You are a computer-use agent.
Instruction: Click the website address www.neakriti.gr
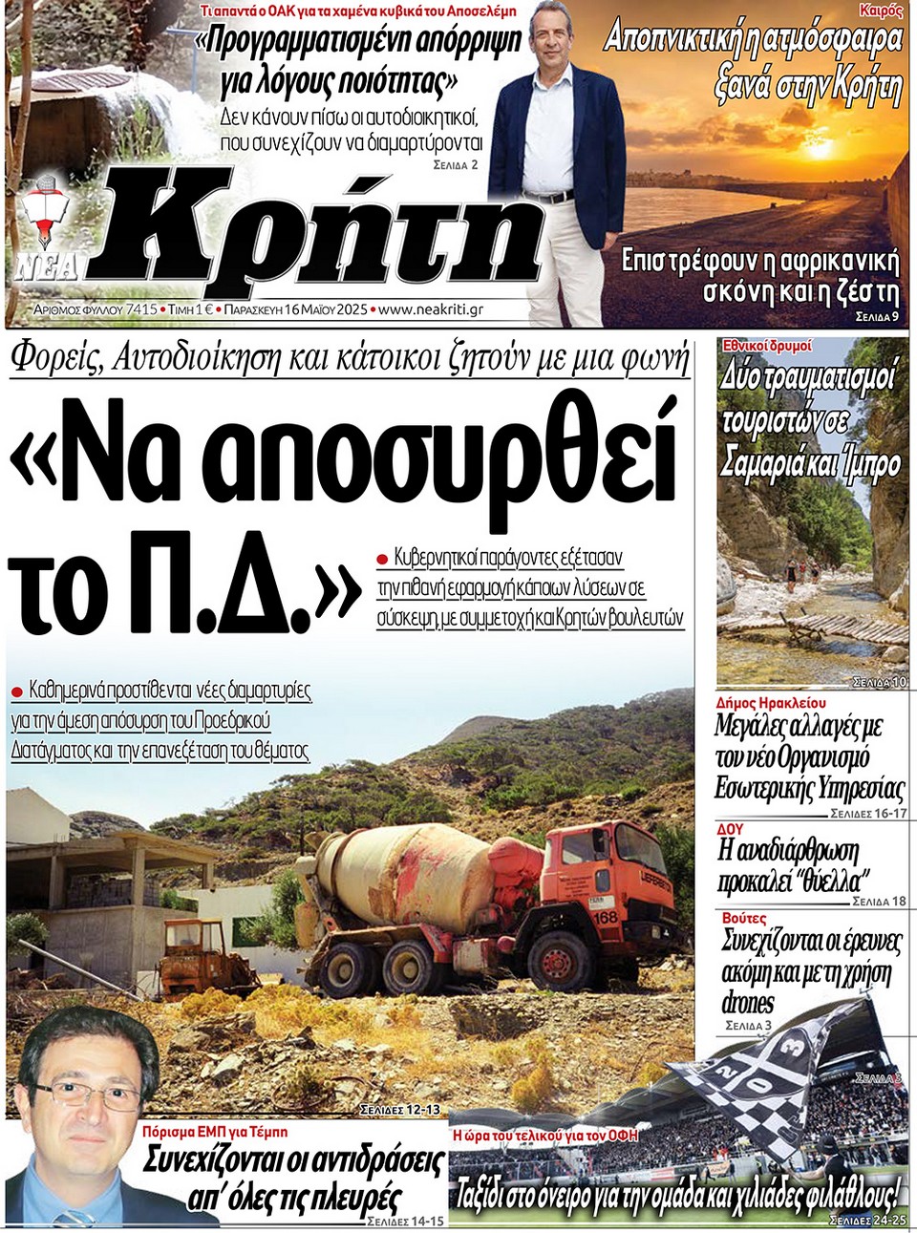(x=431, y=309)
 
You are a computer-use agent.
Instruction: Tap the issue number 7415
(x=141, y=309)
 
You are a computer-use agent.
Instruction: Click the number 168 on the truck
(x=606, y=918)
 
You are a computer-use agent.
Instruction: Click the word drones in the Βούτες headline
(x=748, y=1003)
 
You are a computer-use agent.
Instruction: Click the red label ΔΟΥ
(x=730, y=828)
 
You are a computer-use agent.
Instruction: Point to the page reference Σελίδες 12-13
(x=400, y=1110)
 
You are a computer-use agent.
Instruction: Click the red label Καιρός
(x=880, y=11)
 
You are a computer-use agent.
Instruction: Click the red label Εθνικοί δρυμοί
(x=767, y=345)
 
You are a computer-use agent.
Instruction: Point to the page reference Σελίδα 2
(x=455, y=164)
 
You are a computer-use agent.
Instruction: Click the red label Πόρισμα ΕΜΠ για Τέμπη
(x=215, y=1131)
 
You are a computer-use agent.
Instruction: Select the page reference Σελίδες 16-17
(x=867, y=813)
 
